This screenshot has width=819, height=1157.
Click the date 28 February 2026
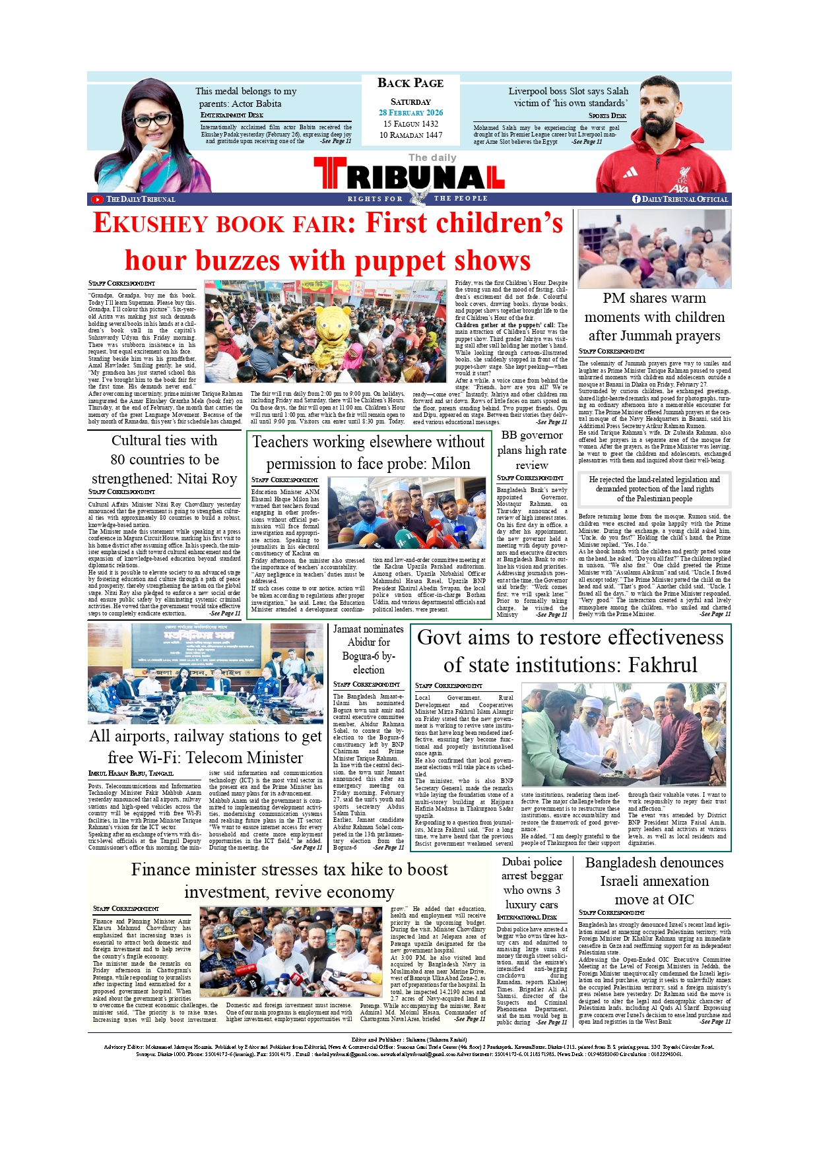410,113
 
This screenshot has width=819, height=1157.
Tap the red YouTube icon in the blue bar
97,199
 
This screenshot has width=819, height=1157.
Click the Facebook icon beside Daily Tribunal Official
636,199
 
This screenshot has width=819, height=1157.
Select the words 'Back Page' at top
410,83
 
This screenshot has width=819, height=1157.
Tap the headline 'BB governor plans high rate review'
532,450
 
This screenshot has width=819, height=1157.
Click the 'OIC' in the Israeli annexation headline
678,900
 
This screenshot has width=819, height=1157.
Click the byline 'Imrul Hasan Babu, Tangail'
131,773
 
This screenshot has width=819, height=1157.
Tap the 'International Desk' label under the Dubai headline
527,917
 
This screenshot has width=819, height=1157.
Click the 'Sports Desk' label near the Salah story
607,116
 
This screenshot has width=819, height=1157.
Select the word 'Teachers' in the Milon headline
282,442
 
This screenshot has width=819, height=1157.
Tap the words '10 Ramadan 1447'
410,135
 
